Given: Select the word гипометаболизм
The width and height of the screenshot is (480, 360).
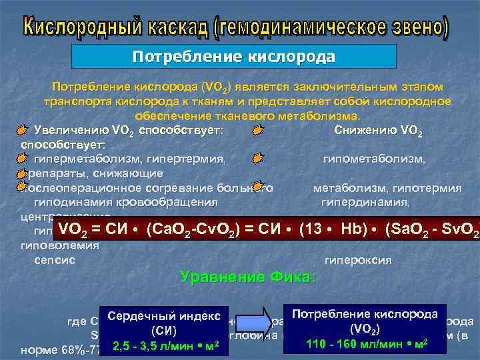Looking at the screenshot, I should click(373, 159).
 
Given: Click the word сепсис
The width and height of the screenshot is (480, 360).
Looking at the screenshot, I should click(53, 259).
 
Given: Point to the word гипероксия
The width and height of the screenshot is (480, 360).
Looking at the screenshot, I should click(357, 259).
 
